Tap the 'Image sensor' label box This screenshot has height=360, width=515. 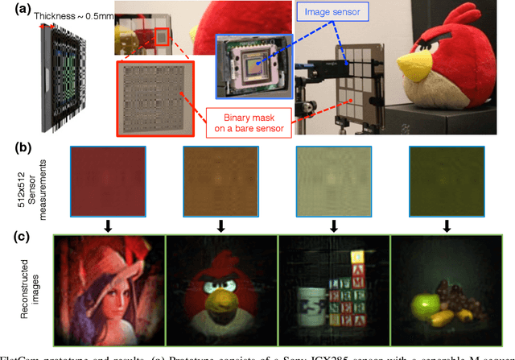tap(344, 12)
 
